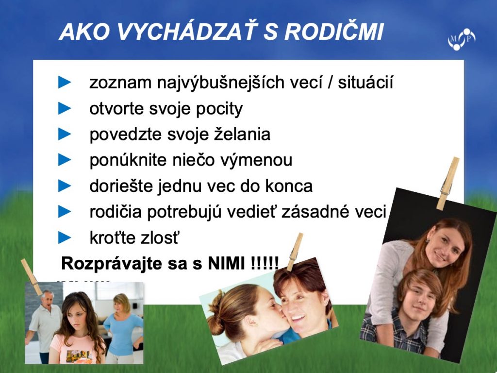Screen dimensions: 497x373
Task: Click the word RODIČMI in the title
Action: [x=334, y=32]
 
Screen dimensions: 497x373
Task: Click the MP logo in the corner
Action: [x=462, y=39]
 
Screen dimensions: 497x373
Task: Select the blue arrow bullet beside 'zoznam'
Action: [x=65, y=82]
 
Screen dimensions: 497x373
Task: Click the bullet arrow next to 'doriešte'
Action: [x=65, y=186]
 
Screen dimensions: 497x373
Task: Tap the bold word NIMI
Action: [x=226, y=263]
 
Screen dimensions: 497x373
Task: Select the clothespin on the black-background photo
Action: [x=447, y=183]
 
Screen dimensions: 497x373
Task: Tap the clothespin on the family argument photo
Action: [x=32, y=277]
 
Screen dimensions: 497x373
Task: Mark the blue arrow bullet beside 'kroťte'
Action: [x=65, y=237]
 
